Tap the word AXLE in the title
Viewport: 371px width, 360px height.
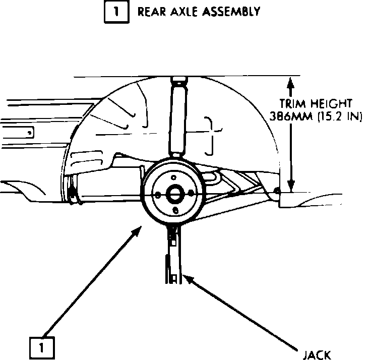tap(179, 12)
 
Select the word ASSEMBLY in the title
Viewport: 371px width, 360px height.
tap(230, 12)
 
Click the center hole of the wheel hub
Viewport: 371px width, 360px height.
tap(175, 194)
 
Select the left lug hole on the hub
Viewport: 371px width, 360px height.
tap(158, 195)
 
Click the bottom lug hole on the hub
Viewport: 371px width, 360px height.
tap(175, 210)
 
